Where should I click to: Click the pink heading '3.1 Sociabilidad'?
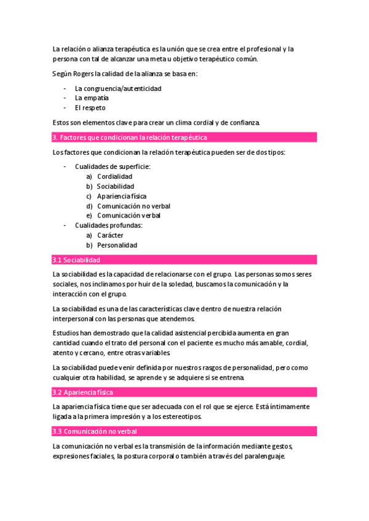point(77,260)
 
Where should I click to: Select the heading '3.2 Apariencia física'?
point(83,392)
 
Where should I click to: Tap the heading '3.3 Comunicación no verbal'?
point(95,431)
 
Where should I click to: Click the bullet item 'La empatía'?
point(92,98)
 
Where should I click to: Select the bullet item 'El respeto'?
point(90,108)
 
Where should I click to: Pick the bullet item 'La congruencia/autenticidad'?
point(118,88)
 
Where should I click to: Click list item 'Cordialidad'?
point(114,176)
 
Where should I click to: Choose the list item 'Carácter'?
point(110,235)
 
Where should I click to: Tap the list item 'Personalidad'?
point(117,245)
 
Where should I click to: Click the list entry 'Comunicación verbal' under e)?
point(129,216)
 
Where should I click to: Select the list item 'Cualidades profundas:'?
point(108,225)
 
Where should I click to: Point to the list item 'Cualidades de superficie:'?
point(113,166)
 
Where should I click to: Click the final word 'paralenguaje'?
point(264,456)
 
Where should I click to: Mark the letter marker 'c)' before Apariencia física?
point(90,196)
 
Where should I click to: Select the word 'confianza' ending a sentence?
point(242,122)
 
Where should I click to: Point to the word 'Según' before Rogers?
point(63,74)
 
